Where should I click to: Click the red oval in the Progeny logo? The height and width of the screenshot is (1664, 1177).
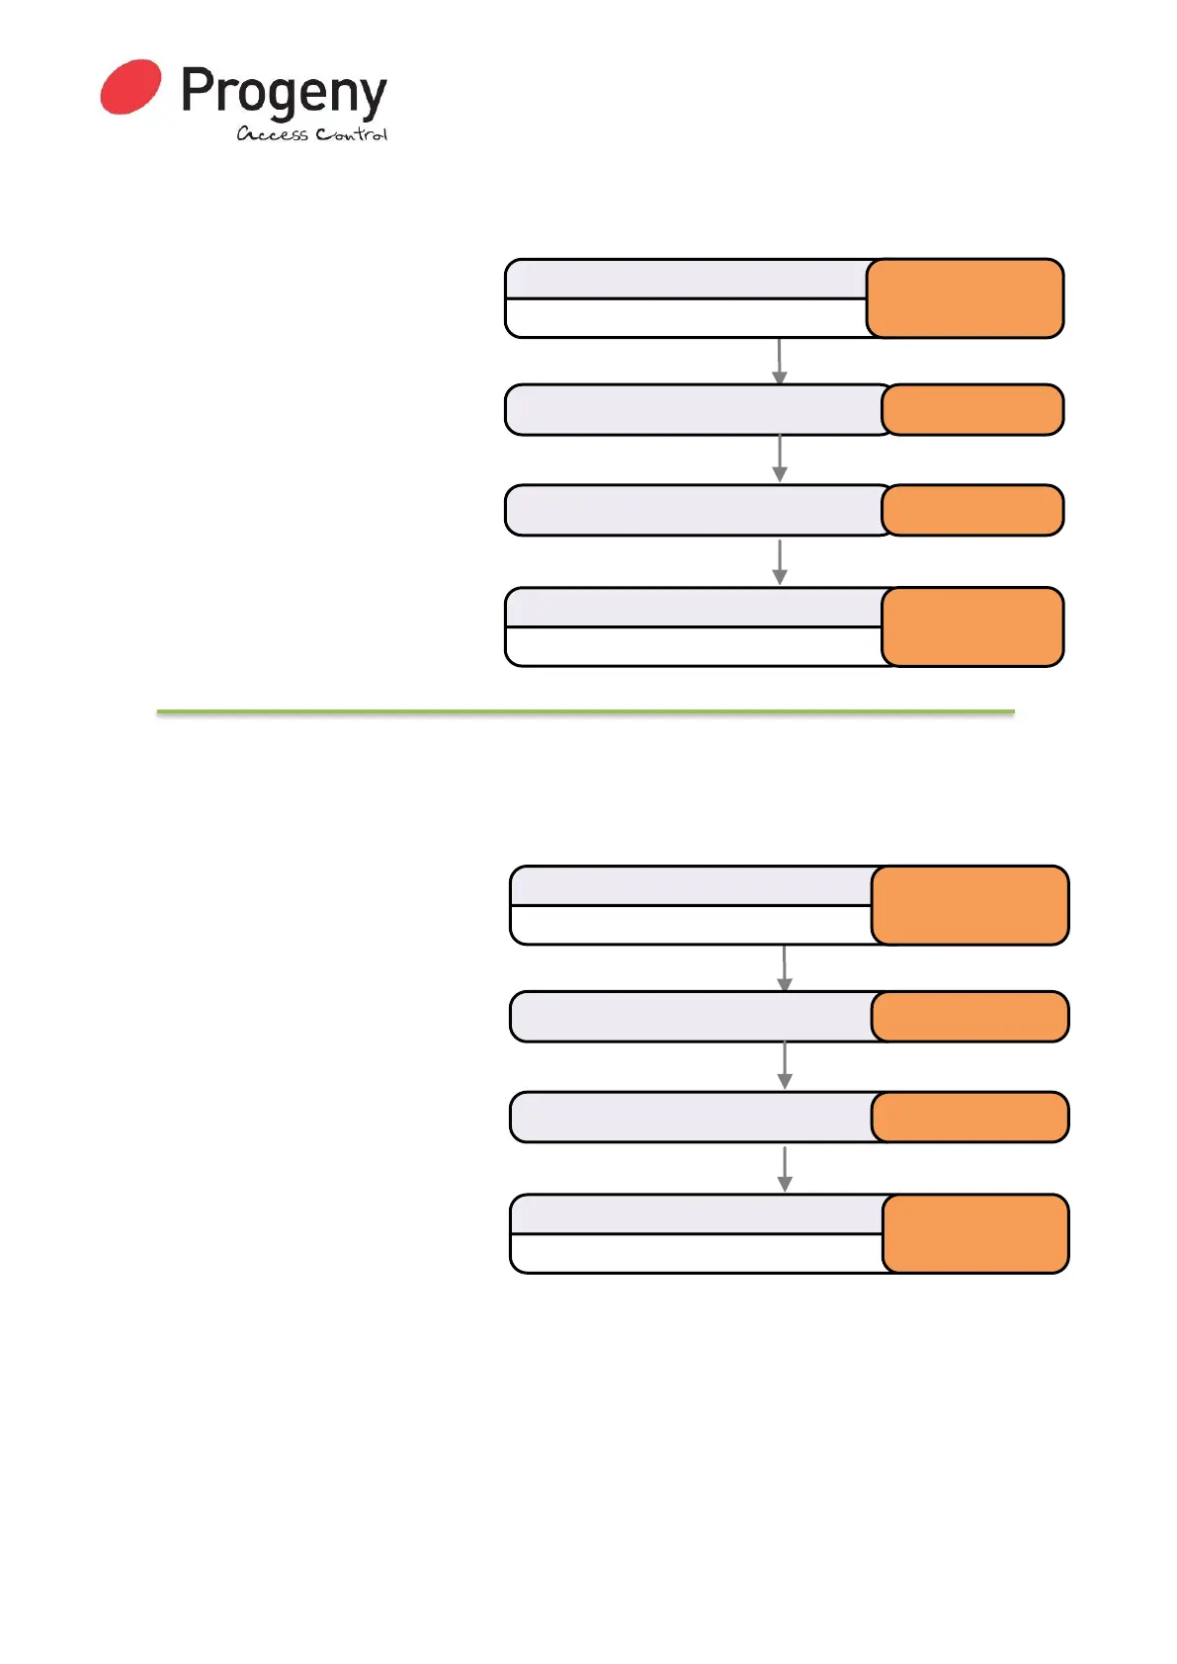pos(130,87)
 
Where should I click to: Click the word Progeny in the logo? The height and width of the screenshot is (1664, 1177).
pos(284,93)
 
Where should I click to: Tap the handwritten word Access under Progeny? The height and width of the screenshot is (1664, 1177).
pos(272,134)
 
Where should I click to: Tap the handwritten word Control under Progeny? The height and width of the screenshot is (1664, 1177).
pos(351,134)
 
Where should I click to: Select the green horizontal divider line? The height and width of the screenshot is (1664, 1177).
pos(585,711)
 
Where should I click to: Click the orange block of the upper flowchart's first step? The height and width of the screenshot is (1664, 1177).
pos(966,298)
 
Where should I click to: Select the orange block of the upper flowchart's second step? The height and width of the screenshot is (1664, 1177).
pos(972,410)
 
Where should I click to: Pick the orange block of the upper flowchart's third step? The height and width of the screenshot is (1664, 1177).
pos(972,511)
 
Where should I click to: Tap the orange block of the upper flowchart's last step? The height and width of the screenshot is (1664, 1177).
pos(972,627)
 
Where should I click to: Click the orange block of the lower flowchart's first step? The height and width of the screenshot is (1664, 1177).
pos(970,905)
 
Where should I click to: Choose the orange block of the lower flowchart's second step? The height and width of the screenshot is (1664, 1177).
pos(970,1017)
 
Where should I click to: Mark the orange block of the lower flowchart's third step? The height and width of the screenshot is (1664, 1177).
pos(970,1118)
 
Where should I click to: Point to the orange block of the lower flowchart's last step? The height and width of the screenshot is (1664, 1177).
pos(976,1234)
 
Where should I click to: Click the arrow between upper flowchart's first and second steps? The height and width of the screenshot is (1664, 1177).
pos(780,362)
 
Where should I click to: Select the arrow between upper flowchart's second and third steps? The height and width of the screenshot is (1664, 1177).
pos(780,458)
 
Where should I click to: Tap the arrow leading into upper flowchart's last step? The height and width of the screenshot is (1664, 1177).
pos(780,562)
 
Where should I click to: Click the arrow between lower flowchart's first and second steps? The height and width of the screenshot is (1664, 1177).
pos(785,968)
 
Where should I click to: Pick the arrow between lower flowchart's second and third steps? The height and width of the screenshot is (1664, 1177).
pos(785,1065)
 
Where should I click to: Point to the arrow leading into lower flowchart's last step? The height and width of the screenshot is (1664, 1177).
pos(785,1169)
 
